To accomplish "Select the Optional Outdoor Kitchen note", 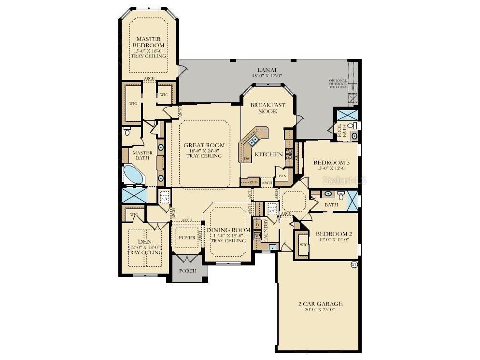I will pyautogui.click(x=338, y=83).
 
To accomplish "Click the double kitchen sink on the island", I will pyautogui.click(x=253, y=140).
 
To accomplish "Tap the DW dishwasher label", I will pyautogui.click(x=247, y=158).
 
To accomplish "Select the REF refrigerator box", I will pyautogui.click(x=253, y=182).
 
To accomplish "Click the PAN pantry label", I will pyautogui.click(x=282, y=176).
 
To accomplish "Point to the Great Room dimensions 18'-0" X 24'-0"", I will pyautogui.click(x=204, y=151).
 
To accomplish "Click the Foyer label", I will pyautogui.click(x=187, y=237).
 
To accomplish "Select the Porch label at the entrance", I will pyautogui.click(x=188, y=271).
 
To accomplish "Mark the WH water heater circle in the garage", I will pyautogui.click(x=353, y=264).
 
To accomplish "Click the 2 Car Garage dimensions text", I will pyautogui.click(x=320, y=310).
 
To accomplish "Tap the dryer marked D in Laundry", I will pyautogui.click(x=257, y=225).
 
